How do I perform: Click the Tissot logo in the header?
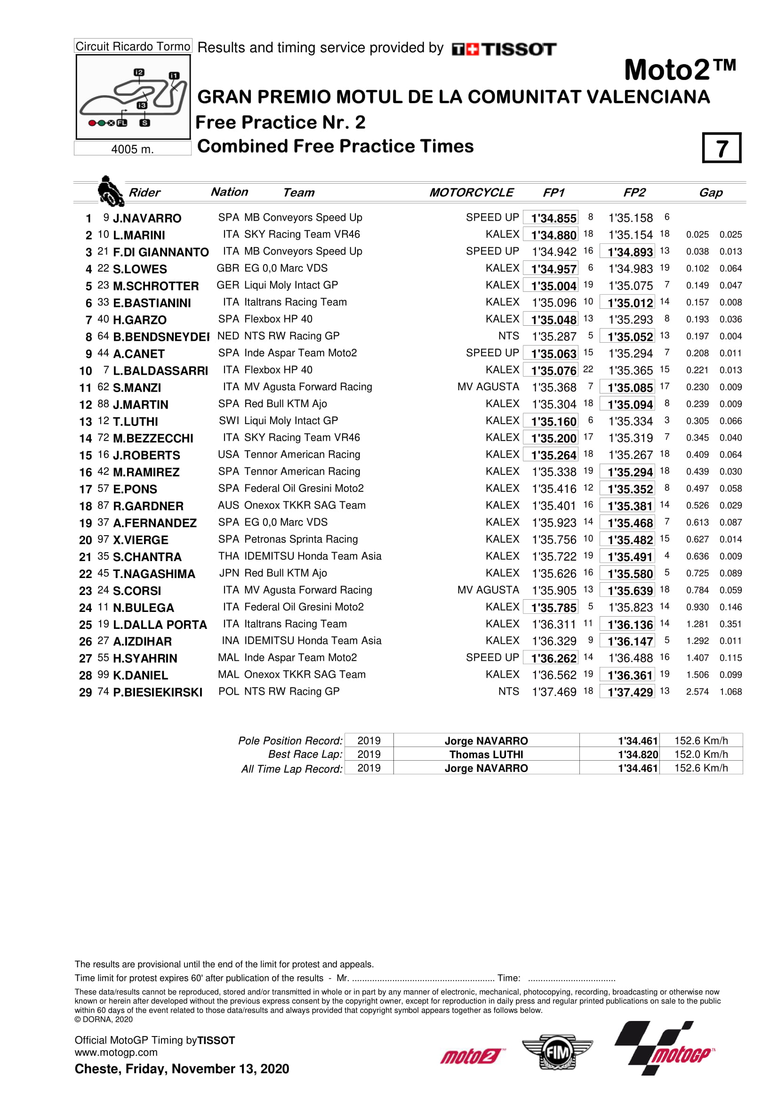click(504, 49)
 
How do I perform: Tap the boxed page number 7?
click(722, 148)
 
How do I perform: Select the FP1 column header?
click(553, 193)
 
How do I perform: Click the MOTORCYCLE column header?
click(471, 193)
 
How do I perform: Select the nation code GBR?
click(228, 268)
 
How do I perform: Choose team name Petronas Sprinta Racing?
click(301, 539)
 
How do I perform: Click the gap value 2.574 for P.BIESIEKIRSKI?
click(697, 691)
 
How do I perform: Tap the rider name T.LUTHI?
click(136, 421)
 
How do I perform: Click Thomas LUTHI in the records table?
click(486, 754)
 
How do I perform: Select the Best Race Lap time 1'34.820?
click(638, 754)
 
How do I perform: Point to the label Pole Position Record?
click(290, 741)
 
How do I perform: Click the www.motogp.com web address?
click(116, 1053)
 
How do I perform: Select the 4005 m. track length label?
click(132, 149)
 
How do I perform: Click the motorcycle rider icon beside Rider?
click(110, 191)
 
